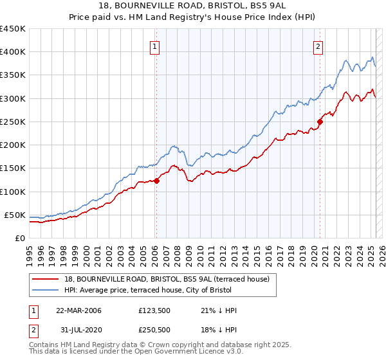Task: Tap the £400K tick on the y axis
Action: (x=13, y=52)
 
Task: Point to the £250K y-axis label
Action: (x=13, y=122)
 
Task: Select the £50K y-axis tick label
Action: (x=15, y=215)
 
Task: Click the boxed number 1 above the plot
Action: (x=156, y=46)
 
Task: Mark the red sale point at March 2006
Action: (x=156, y=181)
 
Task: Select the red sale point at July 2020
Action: (x=320, y=122)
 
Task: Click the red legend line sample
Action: (x=46, y=278)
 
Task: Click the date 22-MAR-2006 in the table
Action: (x=78, y=310)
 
